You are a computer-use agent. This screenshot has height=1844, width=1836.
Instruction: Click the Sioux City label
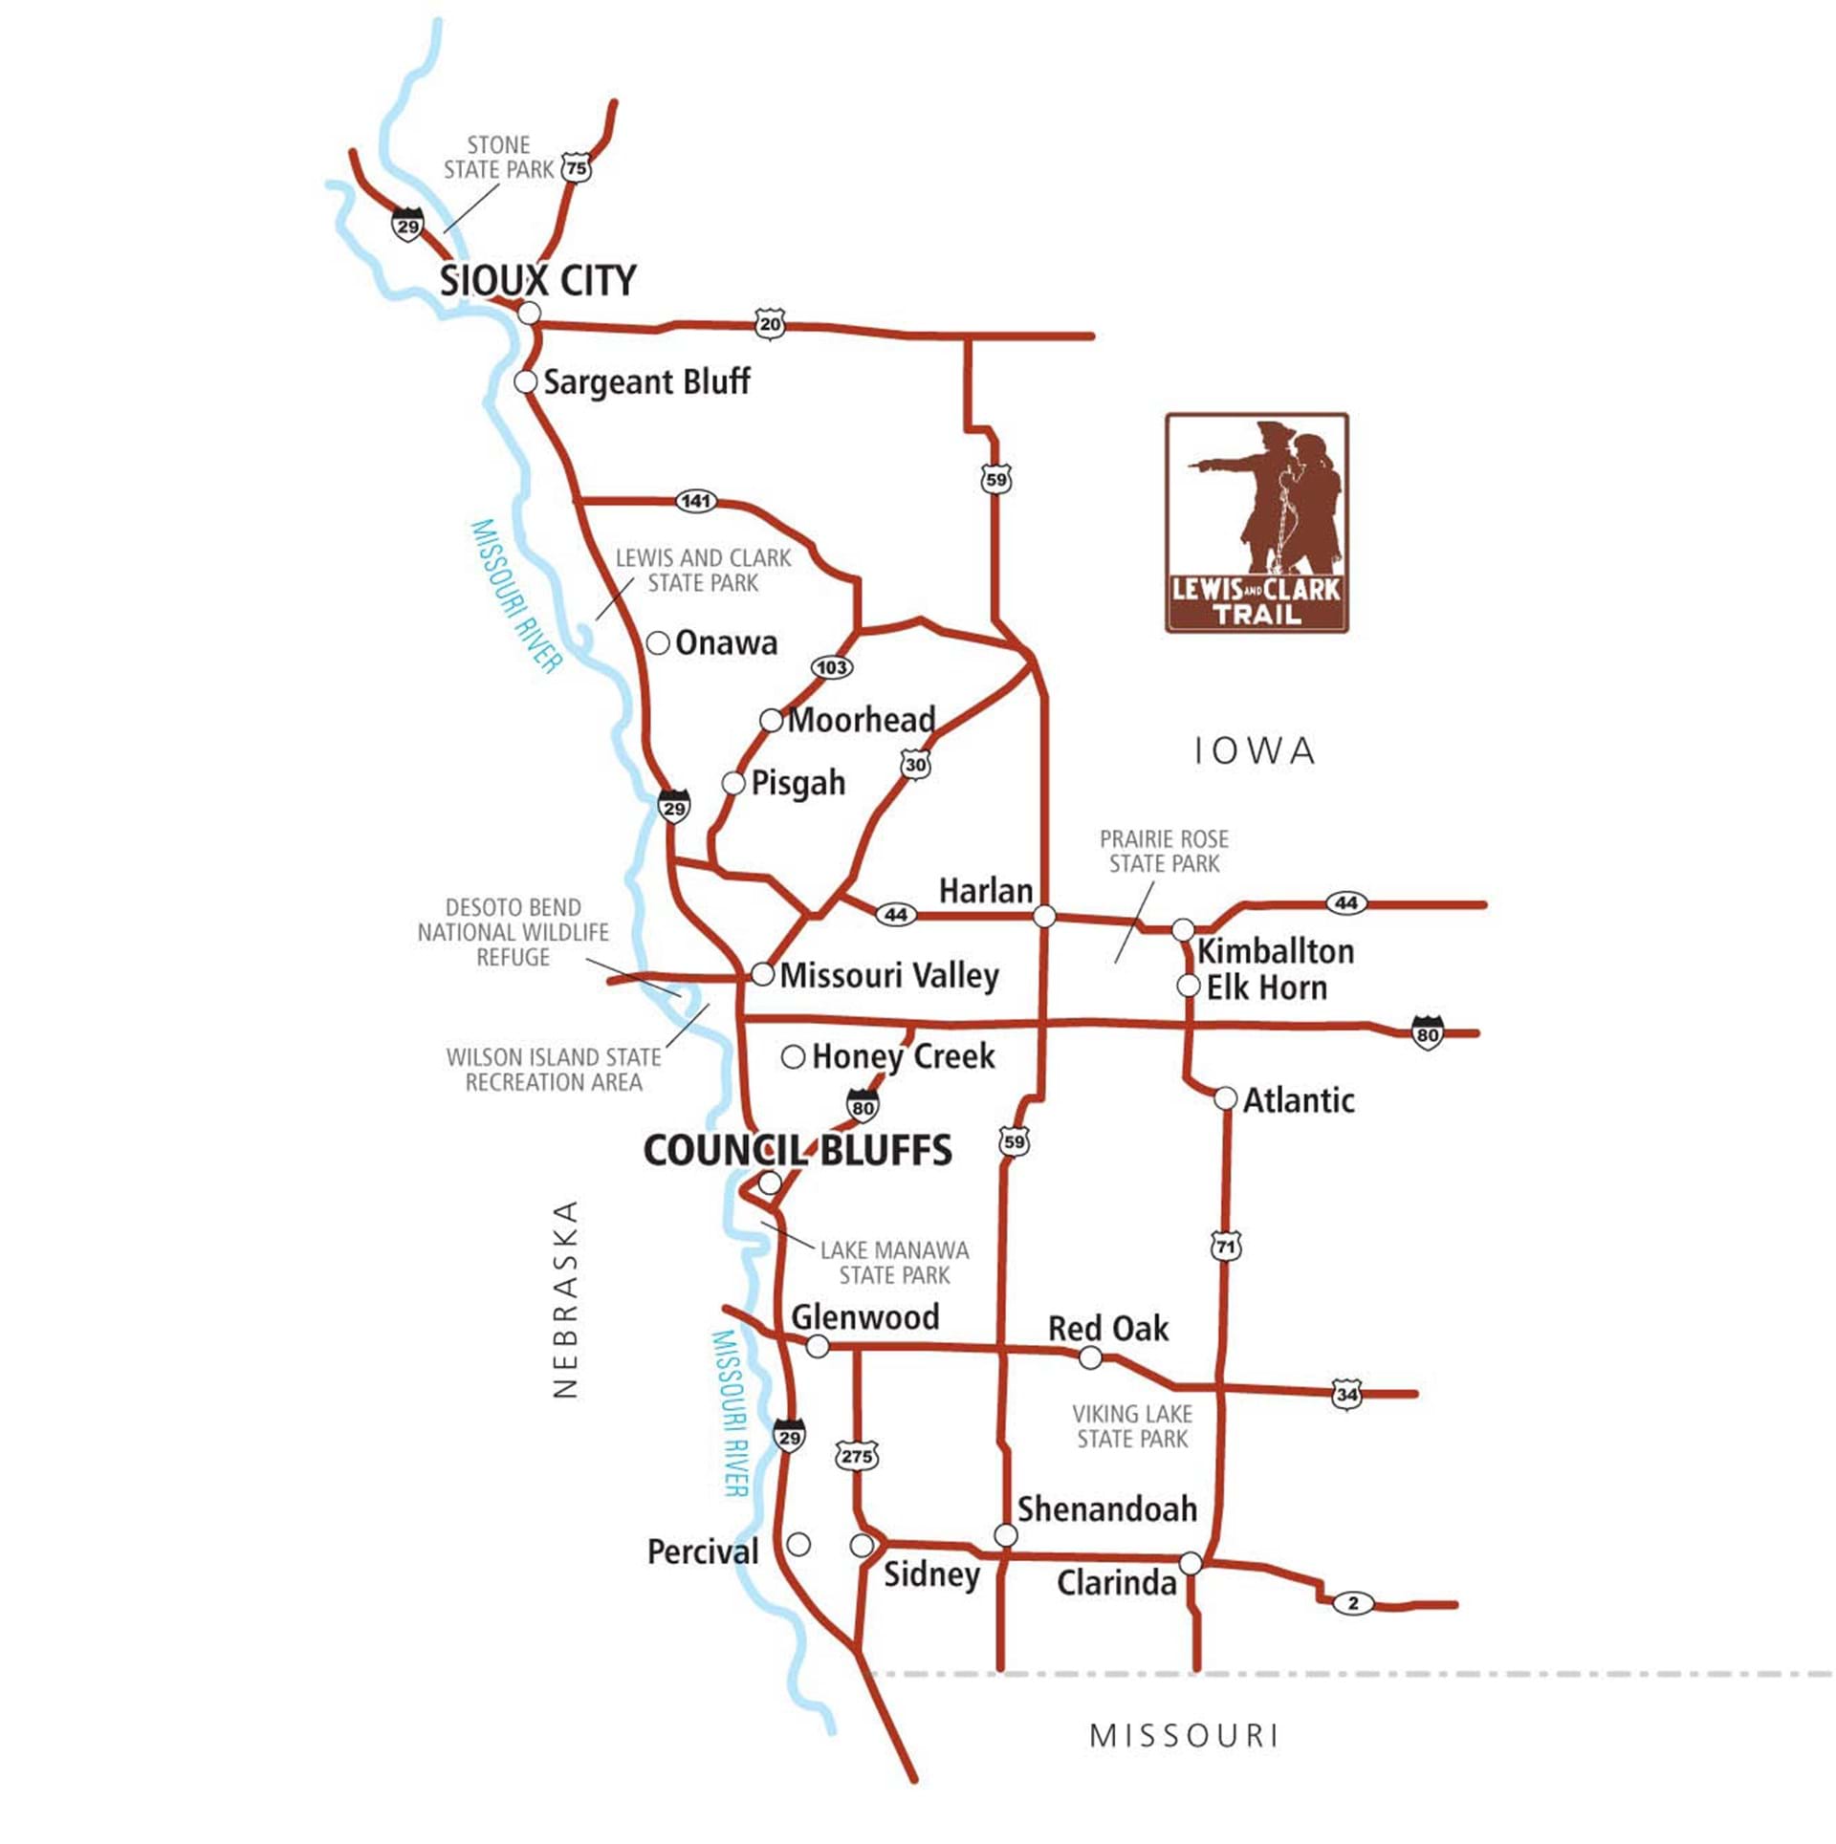[537, 281]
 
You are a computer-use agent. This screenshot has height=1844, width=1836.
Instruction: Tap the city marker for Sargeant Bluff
[525, 381]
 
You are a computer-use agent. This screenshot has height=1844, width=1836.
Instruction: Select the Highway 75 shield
[576, 169]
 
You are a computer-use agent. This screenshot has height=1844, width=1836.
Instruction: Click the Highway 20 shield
[770, 324]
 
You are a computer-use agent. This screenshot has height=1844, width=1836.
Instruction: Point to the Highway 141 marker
[695, 501]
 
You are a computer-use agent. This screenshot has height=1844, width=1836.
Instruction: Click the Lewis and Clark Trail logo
[1257, 523]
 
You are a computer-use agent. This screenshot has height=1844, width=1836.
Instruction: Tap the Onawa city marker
[658, 643]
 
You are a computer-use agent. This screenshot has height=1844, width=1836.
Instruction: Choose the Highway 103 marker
[831, 667]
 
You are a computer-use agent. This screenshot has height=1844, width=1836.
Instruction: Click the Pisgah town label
[798, 783]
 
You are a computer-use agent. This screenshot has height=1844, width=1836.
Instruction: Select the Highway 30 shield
[915, 765]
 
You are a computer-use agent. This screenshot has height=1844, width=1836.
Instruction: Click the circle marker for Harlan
[1045, 917]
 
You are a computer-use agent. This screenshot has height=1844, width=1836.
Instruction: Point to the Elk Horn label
[1266, 987]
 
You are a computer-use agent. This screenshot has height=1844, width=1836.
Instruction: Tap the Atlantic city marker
[1226, 1098]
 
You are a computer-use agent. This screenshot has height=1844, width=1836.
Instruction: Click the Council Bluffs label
[798, 1150]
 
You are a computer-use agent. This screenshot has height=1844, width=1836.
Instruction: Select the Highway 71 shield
[1226, 1247]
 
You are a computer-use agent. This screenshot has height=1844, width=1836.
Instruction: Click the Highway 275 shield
[856, 1457]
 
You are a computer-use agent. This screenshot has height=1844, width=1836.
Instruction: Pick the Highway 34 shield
[1346, 1394]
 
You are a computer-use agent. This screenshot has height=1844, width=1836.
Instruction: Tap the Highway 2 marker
[1352, 1603]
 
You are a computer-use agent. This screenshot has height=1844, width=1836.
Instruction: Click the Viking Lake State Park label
[1132, 1426]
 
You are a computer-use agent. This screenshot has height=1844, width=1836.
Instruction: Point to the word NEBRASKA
[566, 1300]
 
